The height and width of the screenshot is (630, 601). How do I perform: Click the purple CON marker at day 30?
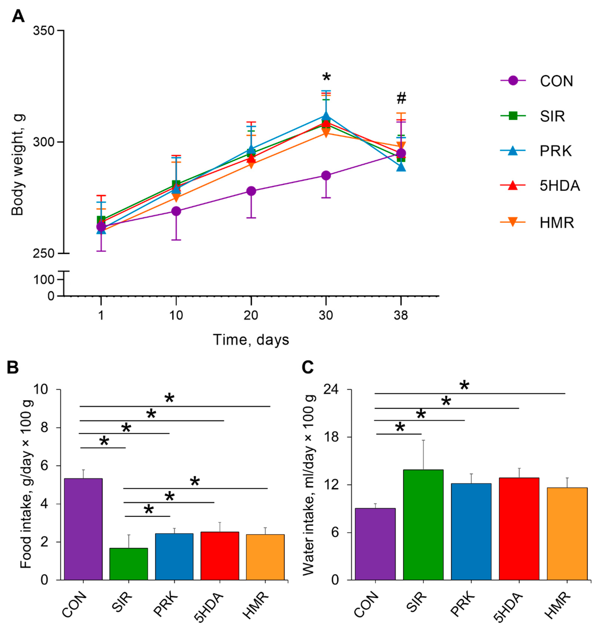pos(326,175)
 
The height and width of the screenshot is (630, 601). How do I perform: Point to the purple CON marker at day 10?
pos(176,211)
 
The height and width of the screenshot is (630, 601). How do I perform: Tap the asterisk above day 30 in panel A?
pos(326,77)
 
